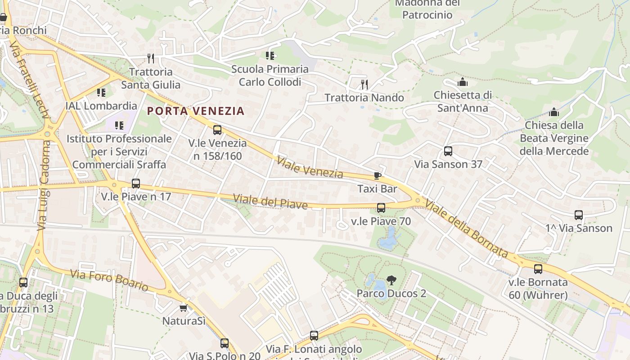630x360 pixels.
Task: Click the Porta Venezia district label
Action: [x=196, y=111]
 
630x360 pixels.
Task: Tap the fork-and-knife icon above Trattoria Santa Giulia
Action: [x=151, y=58]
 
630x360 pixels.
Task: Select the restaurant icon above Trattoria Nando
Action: [x=364, y=84]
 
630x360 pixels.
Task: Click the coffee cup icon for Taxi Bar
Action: [x=377, y=175]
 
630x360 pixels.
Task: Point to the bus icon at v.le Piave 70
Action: [x=381, y=208]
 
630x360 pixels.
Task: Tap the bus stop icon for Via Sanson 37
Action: [x=448, y=151]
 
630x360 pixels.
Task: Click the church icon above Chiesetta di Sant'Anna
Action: [x=462, y=82]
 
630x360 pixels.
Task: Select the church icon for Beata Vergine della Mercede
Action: [x=554, y=112]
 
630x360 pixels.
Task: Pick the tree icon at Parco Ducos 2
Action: [x=391, y=280]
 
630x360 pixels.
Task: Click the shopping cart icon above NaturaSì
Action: [x=183, y=308]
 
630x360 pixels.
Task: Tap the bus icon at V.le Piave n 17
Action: [x=136, y=184]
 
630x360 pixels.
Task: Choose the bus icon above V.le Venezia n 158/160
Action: [x=217, y=130]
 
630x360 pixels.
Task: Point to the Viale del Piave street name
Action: [x=270, y=201]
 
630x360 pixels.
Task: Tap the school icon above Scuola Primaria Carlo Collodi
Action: [x=270, y=56]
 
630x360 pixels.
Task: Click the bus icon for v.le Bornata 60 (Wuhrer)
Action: [x=538, y=269]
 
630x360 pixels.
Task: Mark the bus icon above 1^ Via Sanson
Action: [x=579, y=215]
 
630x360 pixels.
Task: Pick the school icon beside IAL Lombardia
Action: [x=101, y=93]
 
